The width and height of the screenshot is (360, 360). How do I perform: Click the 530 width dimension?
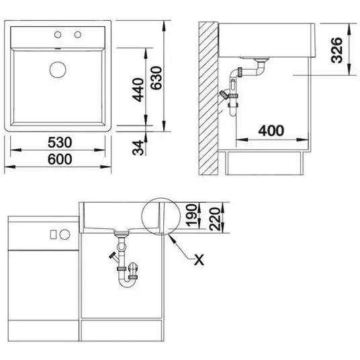pyautogui.click(x=60, y=142)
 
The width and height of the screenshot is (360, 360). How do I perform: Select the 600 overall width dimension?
pyautogui.click(x=60, y=159)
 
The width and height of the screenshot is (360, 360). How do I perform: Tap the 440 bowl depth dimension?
pyautogui.click(x=138, y=90)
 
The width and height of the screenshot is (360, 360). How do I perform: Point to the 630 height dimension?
pyautogui.click(x=156, y=78)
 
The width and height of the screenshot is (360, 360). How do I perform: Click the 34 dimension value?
pyautogui.click(x=138, y=148)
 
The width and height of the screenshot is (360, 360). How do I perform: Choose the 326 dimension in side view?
pyautogui.click(x=336, y=50)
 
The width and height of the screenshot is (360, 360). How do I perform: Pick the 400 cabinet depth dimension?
pyautogui.click(x=271, y=131)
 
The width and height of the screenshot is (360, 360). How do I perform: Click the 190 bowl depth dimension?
pyautogui.click(x=191, y=215)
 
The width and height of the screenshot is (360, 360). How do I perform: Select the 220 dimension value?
pyautogui.click(x=215, y=219)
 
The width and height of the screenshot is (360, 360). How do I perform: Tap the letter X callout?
pyautogui.click(x=199, y=260)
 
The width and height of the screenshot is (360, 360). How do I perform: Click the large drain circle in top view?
pyautogui.click(x=58, y=69)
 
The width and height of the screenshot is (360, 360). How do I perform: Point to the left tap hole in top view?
pyautogui.click(x=58, y=35)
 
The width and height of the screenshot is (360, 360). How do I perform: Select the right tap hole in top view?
pyautogui.click(x=78, y=35)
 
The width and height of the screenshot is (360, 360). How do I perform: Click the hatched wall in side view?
pyautogui.click(x=208, y=99)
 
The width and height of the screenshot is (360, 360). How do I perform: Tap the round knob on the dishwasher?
pyautogui.click(x=64, y=234)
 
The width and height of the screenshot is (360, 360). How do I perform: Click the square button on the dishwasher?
pyautogui.click(x=53, y=234)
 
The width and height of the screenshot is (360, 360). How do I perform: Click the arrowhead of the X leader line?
pyautogui.click(x=169, y=235)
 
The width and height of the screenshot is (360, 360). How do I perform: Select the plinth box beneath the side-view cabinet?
pyautogui.click(x=265, y=163)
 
